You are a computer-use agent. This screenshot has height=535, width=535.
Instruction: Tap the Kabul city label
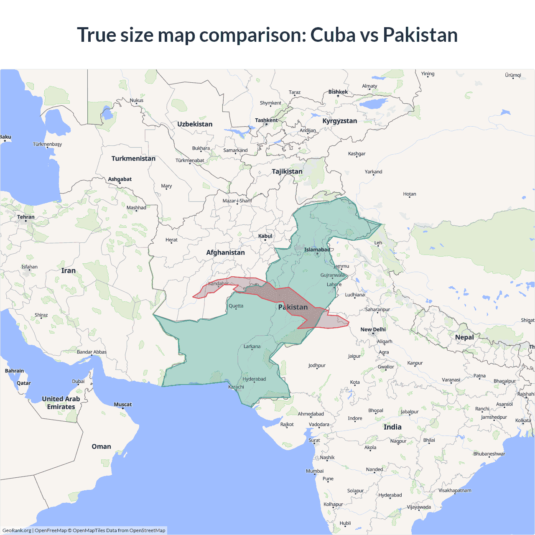pos(265,236)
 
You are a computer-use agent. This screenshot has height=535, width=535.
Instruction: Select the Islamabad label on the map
pos(317,250)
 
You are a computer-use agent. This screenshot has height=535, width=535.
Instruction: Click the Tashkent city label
pos(266,120)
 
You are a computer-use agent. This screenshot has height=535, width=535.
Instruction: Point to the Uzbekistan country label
pos(195,124)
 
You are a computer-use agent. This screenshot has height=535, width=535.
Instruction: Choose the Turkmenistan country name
pos(133,158)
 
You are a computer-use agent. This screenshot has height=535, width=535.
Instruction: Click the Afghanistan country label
pos(225,252)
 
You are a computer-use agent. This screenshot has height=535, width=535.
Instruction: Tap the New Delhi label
pos(373,329)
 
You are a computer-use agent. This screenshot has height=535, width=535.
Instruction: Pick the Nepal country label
pos(464,337)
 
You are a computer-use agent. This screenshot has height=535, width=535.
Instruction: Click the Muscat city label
pos(123,405)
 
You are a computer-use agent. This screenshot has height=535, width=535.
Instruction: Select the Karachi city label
pos(236,387)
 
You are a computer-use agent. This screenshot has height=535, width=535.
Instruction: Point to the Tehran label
pos(26,217)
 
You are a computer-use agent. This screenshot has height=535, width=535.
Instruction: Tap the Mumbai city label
pos(315,471)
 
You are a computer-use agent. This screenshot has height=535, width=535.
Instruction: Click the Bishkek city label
pos(338,92)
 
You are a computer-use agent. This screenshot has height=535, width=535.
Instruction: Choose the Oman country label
pos(102,446)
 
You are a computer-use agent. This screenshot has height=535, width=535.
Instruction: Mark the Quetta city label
pos(236,306)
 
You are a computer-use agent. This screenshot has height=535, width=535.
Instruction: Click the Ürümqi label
pos(513,75)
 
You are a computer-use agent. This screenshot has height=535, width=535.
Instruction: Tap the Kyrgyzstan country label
pos(340,121)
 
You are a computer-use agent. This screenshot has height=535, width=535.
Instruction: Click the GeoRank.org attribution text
pos(17,530)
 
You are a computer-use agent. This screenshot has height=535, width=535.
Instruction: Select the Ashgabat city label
pos(120,179)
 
